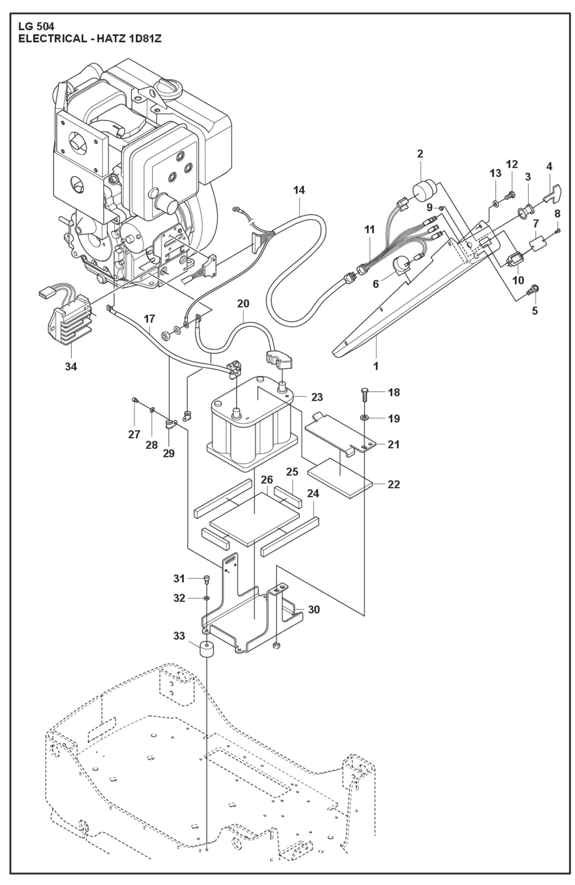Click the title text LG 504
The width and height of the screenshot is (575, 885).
coord(36,27)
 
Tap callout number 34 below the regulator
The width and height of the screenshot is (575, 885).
coord(71,366)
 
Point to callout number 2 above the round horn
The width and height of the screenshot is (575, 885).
coord(420,153)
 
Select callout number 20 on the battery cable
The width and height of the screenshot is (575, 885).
coord(243,303)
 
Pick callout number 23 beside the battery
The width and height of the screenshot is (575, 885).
coord(317,397)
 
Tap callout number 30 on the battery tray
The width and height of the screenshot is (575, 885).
coord(314,609)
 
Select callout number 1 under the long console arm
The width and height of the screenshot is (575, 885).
coord(376,366)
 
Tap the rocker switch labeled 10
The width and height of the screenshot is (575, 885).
coord(515,260)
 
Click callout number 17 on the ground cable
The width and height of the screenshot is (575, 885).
coord(150,318)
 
